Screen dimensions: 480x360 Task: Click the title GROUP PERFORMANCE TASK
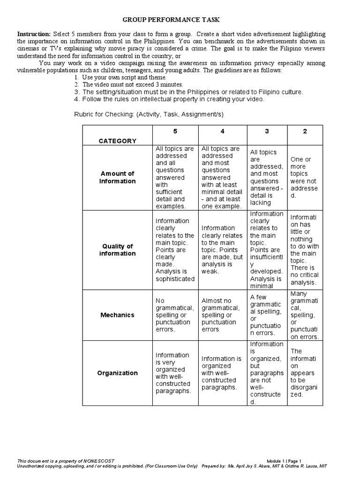tap(171, 20)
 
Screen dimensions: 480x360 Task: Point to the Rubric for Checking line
tap(149, 114)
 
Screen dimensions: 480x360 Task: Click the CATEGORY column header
tap(117, 141)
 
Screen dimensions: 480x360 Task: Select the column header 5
tap(175, 131)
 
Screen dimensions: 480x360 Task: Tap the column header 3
tap(266, 131)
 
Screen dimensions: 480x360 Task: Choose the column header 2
tap(305, 131)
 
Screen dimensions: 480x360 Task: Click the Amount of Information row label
tap(117, 178)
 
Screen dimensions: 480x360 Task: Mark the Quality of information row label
tap(117, 250)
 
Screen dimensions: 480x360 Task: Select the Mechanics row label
tap(117, 315)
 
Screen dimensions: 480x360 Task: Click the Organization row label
tap(117, 373)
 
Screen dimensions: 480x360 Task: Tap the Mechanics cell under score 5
tap(175, 315)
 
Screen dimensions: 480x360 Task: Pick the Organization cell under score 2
tap(305, 373)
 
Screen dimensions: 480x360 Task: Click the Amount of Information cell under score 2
tap(305, 178)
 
